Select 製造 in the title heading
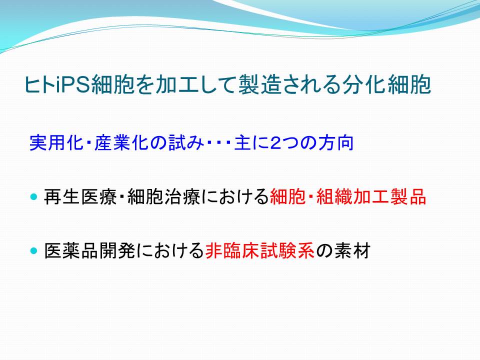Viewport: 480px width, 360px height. pyautogui.click(x=259, y=84)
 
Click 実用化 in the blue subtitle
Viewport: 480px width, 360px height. pyautogui.click(x=56, y=143)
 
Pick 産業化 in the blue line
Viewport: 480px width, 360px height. pyautogui.click(x=121, y=143)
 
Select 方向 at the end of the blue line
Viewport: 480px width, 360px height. pyautogui.click(x=336, y=143)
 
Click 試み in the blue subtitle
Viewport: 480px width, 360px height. pyautogui.click(x=186, y=143)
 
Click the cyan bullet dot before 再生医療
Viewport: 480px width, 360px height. pyautogui.click(x=33, y=196)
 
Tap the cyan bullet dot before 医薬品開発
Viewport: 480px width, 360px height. pyautogui.click(x=33, y=251)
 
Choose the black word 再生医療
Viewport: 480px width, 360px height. pyautogui.click(x=80, y=196)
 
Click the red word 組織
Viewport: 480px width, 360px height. pyautogui.click(x=334, y=196)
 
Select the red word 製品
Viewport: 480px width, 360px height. pyautogui.click(x=408, y=196)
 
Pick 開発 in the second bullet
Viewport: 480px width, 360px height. pyautogui.click(x=117, y=251)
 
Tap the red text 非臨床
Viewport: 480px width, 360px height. pyautogui.click(x=232, y=251)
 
